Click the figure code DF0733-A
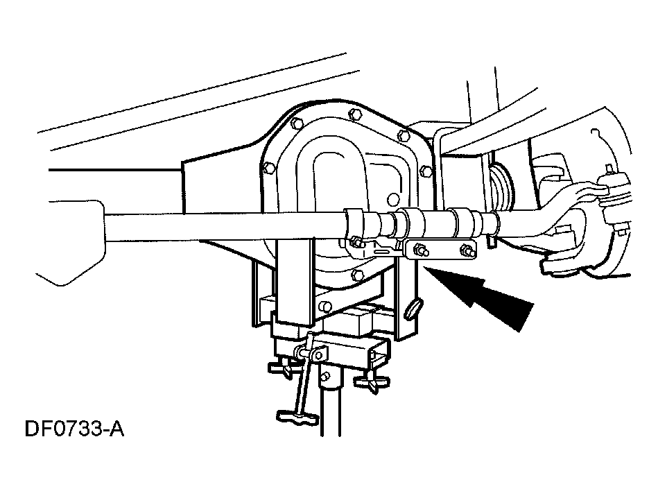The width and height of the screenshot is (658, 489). [x=75, y=429]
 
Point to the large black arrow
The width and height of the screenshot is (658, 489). [x=478, y=295]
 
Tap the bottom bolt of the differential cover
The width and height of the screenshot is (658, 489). [x=357, y=275]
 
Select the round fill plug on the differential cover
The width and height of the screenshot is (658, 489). [x=392, y=199]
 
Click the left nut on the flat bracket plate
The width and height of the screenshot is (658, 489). [x=419, y=250]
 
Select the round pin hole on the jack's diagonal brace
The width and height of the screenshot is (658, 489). [x=324, y=306]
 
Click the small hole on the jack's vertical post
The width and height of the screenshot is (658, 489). [x=324, y=377]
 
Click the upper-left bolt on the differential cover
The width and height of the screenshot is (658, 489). [x=296, y=124]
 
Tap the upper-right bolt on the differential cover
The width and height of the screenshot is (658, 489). [x=403, y=135]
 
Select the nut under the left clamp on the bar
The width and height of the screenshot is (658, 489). [x=356, y=242]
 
